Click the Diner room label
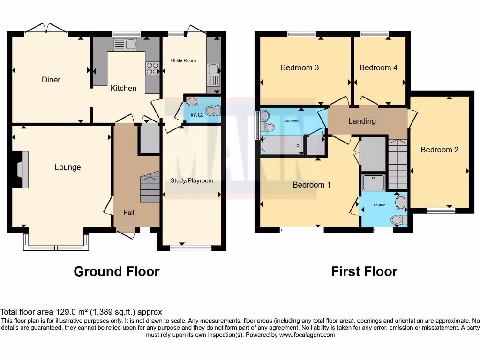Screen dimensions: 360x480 tap(51, 80)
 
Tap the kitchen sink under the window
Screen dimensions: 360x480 tap(125, 45)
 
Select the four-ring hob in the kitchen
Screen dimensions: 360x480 tap(152, 68)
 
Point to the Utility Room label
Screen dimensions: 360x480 tap(183, 60)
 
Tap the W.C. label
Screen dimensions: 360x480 tap(197, 115)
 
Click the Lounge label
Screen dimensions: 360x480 tap(67, 167)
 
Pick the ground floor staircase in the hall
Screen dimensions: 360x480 tap(150, 187)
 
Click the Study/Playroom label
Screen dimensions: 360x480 tap(192, 180)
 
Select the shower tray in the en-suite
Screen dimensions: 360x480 tap(374, 182)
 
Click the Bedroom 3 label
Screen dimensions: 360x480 tap(300, 67)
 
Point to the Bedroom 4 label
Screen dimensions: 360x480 tap(378, 67)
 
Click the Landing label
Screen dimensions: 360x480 tap(362, 121)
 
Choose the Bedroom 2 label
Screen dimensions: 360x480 tap(439, 150)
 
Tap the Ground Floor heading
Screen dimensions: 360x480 tap(117, 271)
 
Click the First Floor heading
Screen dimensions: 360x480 tap(364, 271)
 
